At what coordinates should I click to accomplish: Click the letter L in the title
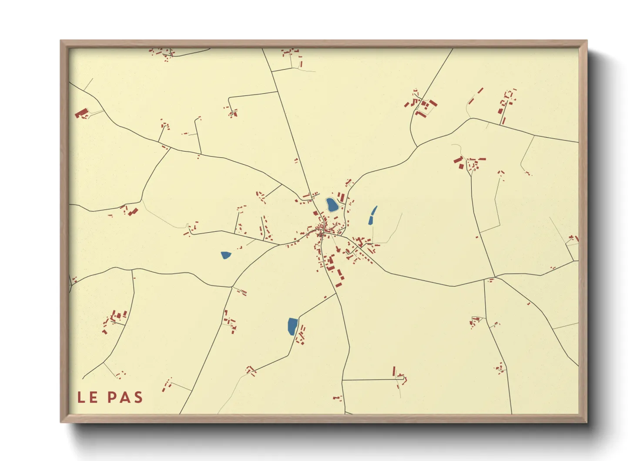(81, 397)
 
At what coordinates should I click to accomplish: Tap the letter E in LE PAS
(94, 397)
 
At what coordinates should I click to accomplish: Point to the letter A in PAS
(125, 397)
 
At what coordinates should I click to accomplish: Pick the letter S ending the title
(138, 397)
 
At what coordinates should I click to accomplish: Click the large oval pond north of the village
(332, 205)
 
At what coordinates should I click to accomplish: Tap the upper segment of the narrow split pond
(374, 211)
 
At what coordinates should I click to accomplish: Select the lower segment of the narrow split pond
(371, 220)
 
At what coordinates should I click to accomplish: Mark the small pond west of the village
(225, 255)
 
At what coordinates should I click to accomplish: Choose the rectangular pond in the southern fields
(292, 326)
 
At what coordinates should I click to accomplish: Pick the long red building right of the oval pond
(342, 197)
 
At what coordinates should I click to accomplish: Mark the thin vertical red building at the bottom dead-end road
(394, 371)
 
